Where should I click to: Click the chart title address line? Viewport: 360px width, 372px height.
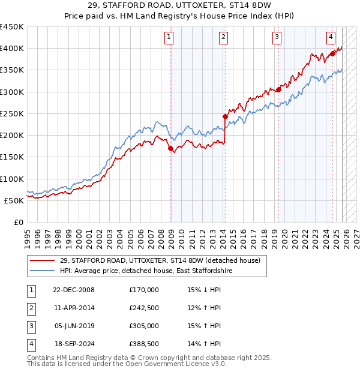(179, 5)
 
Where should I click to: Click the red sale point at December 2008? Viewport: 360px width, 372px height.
(170, 148)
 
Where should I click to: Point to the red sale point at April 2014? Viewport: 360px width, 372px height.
(225, 116)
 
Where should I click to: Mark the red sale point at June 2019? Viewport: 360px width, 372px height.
(279, 89)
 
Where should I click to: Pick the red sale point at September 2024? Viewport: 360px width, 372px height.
(333, 53)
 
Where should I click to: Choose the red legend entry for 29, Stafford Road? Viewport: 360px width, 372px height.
(160, 261)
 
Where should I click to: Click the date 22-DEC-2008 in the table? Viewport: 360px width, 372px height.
(73, 290)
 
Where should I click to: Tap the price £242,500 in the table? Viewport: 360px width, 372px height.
(143, 308)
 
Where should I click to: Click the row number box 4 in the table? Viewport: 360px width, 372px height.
(30, 344)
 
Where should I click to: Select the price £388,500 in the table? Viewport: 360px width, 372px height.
(143, 344)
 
